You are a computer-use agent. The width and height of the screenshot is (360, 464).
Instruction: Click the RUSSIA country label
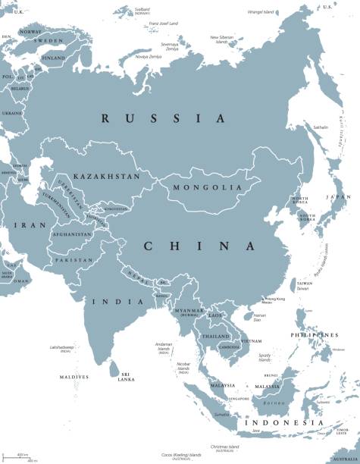click(164, 118)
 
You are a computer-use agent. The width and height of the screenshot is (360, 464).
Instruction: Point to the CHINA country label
click(199, 246)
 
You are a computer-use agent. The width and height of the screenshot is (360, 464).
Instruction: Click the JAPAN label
click(337, 197)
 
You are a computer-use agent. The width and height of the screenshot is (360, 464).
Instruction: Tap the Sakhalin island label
click(322, 127)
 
